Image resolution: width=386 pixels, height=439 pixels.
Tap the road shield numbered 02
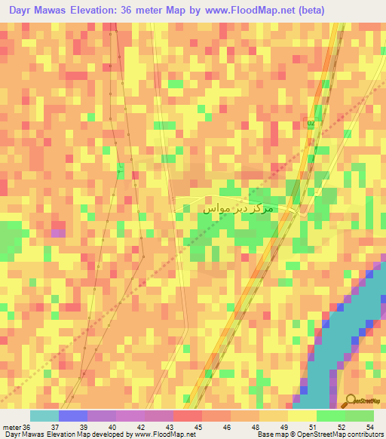point(310,122)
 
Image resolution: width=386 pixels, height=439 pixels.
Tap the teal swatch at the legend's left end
point(44,416)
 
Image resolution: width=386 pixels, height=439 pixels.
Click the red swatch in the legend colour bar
point(187,416)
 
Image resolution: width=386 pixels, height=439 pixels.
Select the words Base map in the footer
point(269,434)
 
